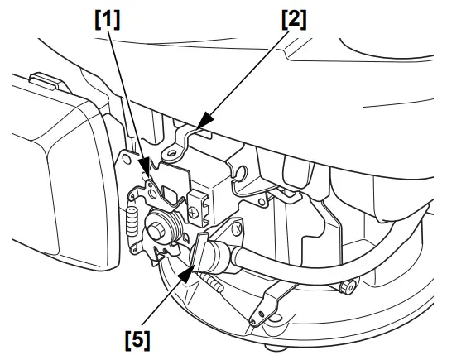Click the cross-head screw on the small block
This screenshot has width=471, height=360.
[x=194, y=212]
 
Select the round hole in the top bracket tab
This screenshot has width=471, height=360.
[x=172, y=152]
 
